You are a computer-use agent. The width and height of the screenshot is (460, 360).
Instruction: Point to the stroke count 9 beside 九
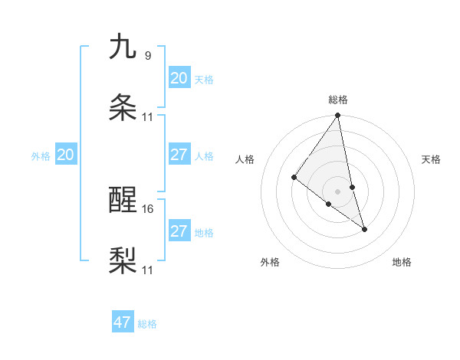click(x=147, y=55)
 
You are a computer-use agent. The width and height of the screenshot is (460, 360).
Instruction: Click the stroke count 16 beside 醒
click(x=149, y=208)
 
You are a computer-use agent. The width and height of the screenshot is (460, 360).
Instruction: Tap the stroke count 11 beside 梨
click(x=149, y=270)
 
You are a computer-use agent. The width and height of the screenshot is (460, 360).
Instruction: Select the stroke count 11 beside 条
click(x=148, y=116)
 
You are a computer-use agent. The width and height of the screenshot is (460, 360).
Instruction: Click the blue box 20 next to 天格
click(x=179, y=78)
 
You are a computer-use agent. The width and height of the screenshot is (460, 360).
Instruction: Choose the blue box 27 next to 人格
click(x=179, y=155)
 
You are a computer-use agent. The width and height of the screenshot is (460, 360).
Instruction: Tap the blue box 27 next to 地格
click(x=179, y=231)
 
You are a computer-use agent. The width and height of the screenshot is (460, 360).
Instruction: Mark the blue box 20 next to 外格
click(x=65, y=155)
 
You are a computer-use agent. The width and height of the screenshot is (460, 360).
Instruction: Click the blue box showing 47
click(x=123, y=322)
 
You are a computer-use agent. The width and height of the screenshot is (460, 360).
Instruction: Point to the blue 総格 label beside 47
click(x=147, y=324)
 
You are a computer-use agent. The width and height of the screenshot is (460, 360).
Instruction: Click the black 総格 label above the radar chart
click(x=338, y=100)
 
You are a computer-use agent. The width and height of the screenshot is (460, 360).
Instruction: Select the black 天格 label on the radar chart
click(x=432, y=159)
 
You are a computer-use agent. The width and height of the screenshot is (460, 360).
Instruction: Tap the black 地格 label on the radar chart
click(x=402, y=262)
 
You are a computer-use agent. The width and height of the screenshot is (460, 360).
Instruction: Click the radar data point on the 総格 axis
click(x=337, y=116)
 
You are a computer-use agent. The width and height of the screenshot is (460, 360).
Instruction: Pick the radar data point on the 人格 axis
click(x=294, y=178)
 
